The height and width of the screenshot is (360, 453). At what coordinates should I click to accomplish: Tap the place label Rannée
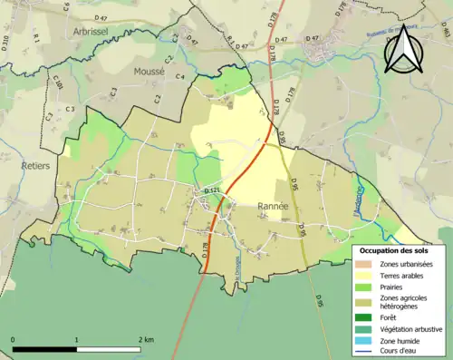tap(273, 206)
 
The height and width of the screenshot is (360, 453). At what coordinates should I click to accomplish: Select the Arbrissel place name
tap(91, 30)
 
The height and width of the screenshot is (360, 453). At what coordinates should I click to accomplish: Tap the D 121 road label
tap(212, 190)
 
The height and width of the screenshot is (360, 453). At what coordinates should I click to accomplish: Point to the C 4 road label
tap(180, 77)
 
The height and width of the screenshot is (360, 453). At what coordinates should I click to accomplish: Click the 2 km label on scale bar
tap(147, 339)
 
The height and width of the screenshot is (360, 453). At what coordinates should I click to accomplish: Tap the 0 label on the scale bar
tap(14, 339)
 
